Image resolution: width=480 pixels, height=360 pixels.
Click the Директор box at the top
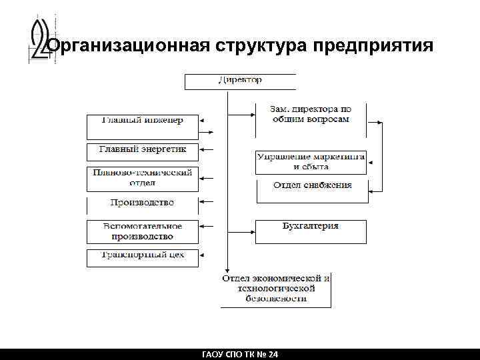[240, 81]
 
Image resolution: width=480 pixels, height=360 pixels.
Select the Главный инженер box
[142, 124]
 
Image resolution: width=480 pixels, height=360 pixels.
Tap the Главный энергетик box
[142, 150]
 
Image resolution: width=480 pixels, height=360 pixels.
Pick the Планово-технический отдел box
[142, 178]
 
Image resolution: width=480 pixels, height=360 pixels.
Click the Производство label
[142, 202]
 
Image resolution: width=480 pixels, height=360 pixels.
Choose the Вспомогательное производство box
[142, 231]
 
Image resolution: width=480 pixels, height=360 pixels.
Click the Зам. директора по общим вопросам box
[311, 114]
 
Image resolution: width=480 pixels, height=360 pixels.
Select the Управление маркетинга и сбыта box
[311, 162]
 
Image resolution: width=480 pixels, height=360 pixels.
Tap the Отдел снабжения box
[312, 187]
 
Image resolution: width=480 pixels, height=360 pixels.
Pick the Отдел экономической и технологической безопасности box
[276, 288]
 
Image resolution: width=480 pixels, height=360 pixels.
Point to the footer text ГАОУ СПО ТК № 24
[240, 354]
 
